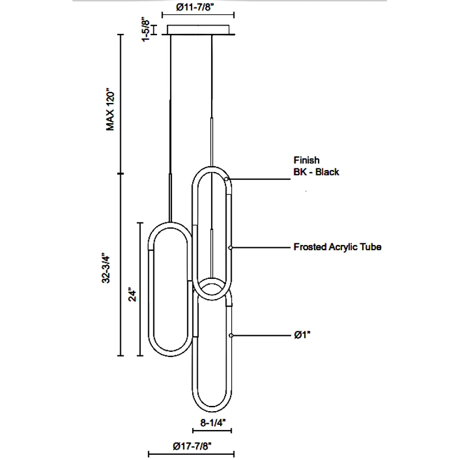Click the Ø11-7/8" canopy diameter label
pos(200,9)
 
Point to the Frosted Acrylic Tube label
pos(338,247)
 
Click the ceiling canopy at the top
pos(200,29)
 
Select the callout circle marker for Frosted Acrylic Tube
pos(231,247)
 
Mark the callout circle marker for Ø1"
pos(231,335)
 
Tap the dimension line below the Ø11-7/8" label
pos(200,18)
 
